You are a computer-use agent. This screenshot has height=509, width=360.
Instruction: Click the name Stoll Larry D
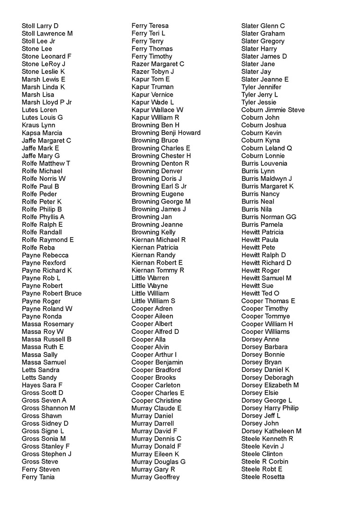[40, 26]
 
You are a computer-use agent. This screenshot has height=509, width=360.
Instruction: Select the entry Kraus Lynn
[38, 125]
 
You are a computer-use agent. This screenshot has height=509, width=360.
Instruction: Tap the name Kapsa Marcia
[42, 133]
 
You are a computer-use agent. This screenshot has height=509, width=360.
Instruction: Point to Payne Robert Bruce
[52, 293]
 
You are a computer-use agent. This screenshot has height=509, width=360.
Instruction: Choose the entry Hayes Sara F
[42, 385]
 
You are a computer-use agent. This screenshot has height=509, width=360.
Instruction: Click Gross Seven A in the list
[44, 400]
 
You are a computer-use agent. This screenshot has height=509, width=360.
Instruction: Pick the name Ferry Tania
[38, 477]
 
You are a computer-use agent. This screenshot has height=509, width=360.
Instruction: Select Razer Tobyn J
[153, 71]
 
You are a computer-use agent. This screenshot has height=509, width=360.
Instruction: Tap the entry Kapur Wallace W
[157, 110]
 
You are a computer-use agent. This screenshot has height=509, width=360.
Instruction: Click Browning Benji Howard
[166, 133]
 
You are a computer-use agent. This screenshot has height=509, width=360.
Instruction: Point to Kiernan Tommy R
[158, 270]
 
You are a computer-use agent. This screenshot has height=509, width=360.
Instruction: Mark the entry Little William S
[153, 301]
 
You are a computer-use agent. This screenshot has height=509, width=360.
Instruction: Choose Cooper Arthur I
[154, 355]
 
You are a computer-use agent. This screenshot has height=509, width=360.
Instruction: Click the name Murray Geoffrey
[155, 477]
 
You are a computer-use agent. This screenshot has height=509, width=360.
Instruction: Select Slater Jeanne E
[265, 79]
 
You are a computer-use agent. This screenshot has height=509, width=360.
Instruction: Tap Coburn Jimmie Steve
[273, 110]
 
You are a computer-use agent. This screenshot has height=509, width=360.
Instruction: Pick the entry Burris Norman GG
[269, 217]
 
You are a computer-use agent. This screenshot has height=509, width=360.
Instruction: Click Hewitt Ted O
[260, 293]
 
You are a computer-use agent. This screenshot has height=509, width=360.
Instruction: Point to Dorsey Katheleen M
[271, 431]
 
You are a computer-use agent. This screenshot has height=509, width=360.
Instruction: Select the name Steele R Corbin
[264, 462]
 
